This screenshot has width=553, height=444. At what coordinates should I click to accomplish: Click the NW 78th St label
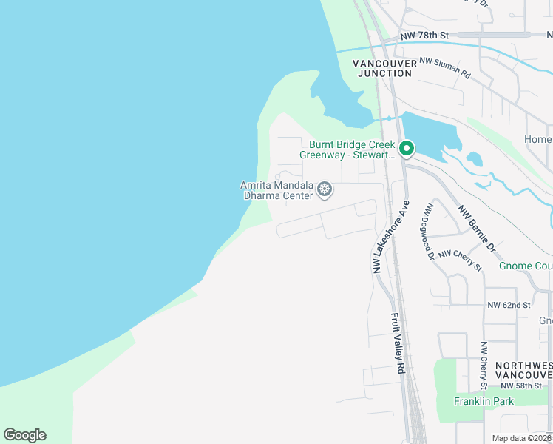point(424,36)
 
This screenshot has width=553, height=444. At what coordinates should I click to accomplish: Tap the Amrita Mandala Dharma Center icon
point(324,190)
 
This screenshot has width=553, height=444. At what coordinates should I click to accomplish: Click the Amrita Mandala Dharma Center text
point(276,190)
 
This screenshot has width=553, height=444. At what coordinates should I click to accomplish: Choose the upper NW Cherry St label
point(460,260)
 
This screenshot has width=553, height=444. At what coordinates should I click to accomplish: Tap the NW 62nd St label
point(509,305)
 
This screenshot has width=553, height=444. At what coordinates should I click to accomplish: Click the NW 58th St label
point(526,386)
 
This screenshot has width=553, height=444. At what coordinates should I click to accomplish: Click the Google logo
point(24,434)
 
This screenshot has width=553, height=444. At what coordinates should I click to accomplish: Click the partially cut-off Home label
point(537,139)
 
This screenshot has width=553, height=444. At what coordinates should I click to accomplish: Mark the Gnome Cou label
point(525,266)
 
